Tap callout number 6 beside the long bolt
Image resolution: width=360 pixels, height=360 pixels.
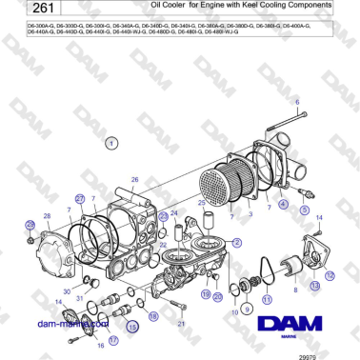pyautogui.click(x=296, y=101)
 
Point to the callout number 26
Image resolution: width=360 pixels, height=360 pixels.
pyautogui.click(x=135, y=180)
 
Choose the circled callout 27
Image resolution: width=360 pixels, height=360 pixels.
pyautogui.click(x=81, y=198)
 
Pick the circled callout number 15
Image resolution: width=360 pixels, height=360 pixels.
pyautogui.click(x=133, y=327)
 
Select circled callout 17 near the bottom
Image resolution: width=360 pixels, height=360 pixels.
pyautogui.click(x=111, y=339)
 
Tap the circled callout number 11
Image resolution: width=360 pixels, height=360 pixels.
pyautogui.click(x=268, y=299)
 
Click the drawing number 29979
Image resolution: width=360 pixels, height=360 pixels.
pyautogui.click(x=332, y=353)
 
